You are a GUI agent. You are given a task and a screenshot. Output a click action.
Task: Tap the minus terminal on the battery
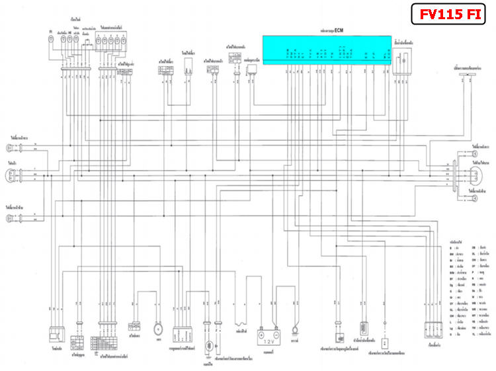[276, 317]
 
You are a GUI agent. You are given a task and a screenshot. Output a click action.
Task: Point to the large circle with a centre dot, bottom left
[157, 329]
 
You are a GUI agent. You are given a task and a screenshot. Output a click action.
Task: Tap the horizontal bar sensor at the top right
[469, 77]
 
